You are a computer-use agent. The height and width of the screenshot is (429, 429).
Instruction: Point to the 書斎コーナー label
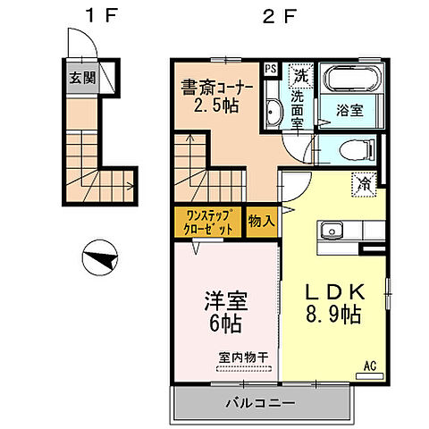[x=217, y=87]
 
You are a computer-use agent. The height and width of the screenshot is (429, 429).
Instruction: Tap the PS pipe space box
[x=271, y=67]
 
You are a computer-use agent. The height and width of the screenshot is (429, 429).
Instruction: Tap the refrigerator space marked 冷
[x=365, y=181]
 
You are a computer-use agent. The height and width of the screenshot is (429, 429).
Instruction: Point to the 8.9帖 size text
[x=333, y=315]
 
